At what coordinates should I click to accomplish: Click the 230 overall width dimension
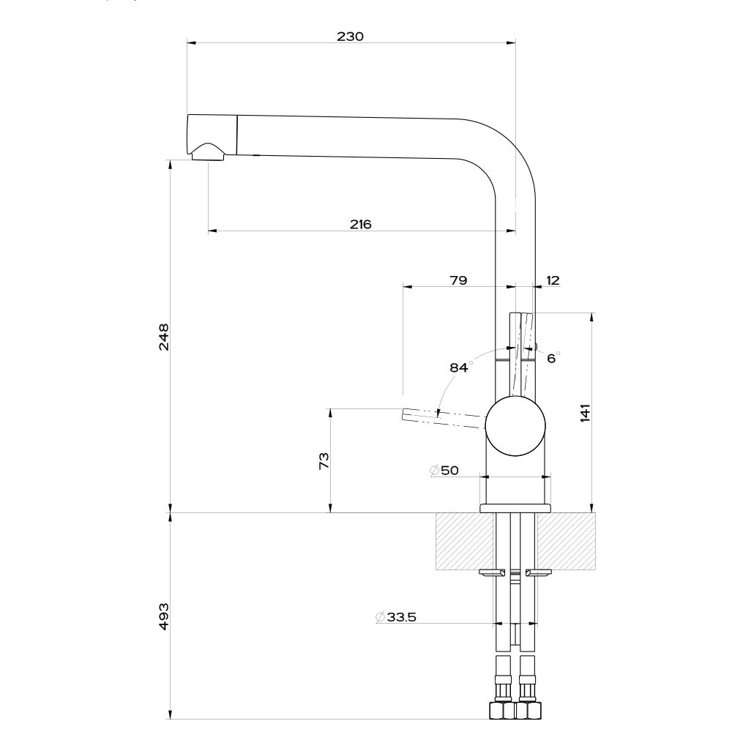(351, 36)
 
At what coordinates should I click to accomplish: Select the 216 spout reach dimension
(359, 224)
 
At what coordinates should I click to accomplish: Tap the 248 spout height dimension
(164, 336)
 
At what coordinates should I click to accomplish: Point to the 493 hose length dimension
(164, 616)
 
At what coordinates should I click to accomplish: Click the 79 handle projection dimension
(457, 280)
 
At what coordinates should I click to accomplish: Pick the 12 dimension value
(553, 280)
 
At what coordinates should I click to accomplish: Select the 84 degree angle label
(459, 367)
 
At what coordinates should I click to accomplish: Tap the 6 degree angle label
(552, 358)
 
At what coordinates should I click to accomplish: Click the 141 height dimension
(585, 413)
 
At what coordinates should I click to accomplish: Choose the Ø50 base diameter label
(444, 471)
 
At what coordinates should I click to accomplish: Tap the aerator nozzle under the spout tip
(207, 152)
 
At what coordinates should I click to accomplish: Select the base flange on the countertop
(515, 508)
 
